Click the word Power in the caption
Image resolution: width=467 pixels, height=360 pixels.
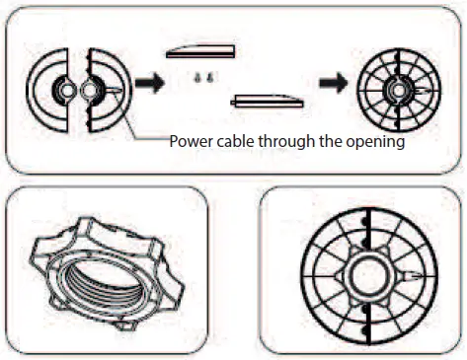click(x=192, y=140)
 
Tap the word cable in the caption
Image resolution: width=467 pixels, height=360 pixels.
click(x=237, y=140)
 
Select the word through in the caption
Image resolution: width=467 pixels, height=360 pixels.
click(x=289, y=140)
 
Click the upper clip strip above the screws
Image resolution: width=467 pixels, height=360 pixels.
click(x=200, y=52)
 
